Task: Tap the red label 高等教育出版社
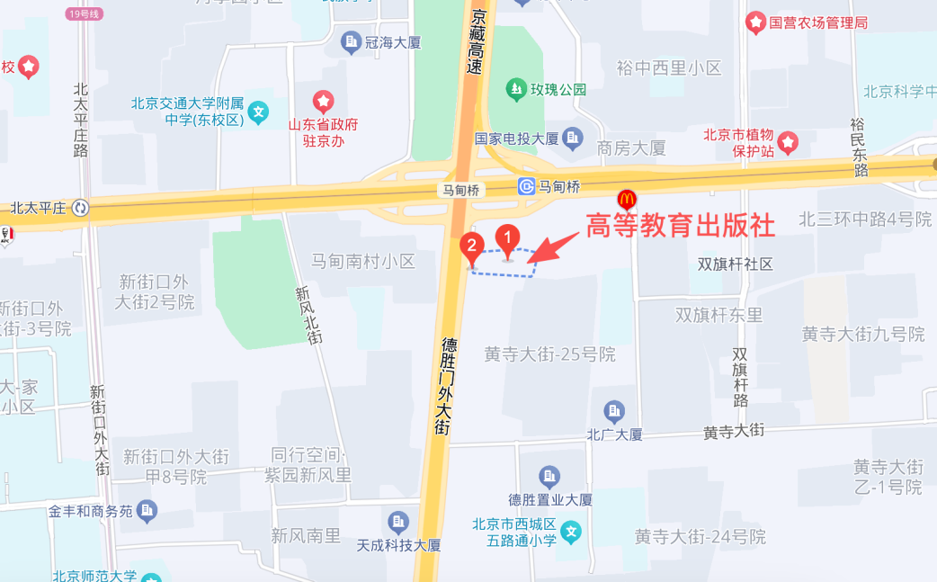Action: point(680,225)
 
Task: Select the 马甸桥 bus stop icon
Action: point(526,187)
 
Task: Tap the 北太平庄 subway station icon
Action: point(81,209)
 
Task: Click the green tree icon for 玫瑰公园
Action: point(516,89)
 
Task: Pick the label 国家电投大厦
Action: point(517,139)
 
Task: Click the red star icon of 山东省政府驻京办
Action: point(323,101)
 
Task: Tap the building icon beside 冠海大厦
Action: point(351,41)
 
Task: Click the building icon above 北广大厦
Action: point(614,412)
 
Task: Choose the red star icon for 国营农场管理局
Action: point(755,22)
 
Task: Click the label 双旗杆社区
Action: point(736,264)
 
